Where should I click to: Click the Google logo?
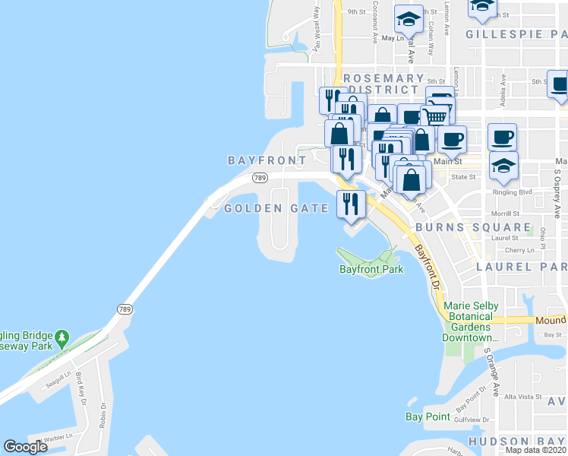[x=26, y=447]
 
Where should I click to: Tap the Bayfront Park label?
[x=371, y=269]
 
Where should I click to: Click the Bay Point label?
[x=428, y=416]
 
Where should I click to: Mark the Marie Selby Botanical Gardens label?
[x=470, y=321]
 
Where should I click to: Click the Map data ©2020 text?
[x=536, y=450]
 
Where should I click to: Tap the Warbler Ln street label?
[x=56, y=437]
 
